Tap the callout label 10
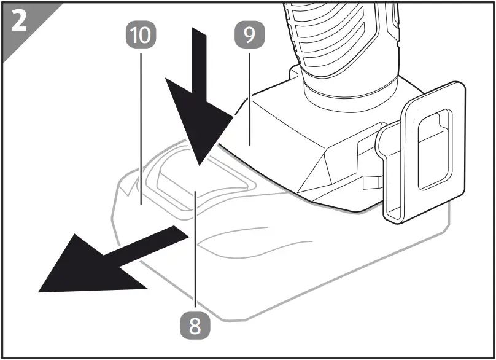(x=141, y=35)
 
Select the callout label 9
(x=249, y=35)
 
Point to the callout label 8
(x=195, y=325)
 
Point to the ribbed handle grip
(x=344, y=37)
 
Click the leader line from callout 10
(x=141, y=123)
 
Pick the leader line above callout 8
(x=195, y=258)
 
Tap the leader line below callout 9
(x=249, y=92)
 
